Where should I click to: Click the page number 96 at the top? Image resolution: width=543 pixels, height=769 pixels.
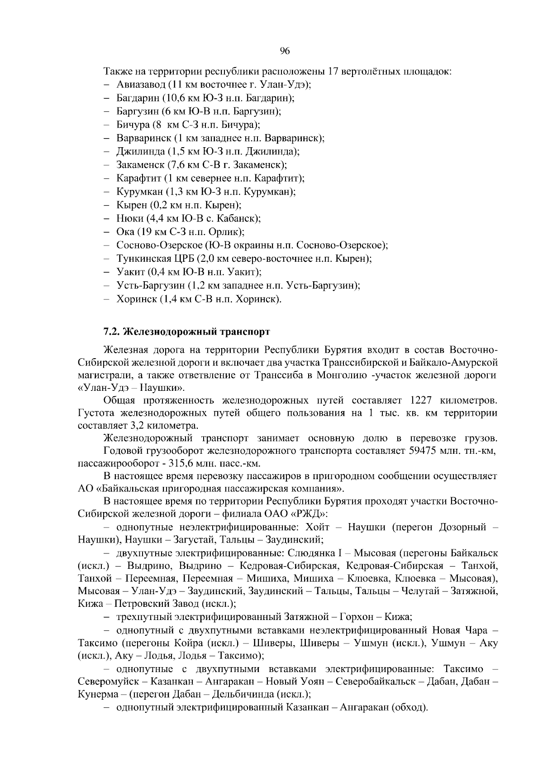[285, 51]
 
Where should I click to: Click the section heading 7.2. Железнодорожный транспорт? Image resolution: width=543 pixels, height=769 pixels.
[186, 332]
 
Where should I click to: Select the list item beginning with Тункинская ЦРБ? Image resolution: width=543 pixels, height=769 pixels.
[244, 259]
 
